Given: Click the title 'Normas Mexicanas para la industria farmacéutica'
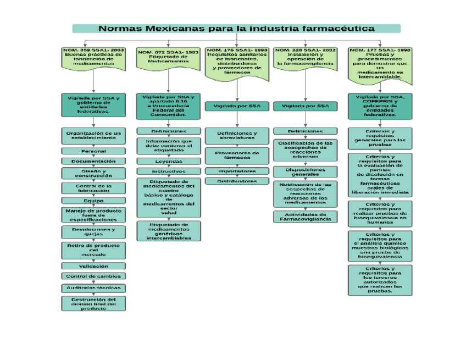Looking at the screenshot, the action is [x=236, y=29].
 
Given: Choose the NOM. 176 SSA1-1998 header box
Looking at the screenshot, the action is [x=237, y=60].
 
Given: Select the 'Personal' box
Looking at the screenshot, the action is [x=93, y=151].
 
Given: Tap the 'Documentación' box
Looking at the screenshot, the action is [x=93, y=162].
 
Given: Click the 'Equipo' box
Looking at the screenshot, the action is [x=93, y=201].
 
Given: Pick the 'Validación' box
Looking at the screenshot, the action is [x=93, y=266].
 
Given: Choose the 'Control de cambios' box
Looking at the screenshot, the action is [x=93, y=276].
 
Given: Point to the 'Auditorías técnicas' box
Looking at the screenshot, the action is [x=93, y=288].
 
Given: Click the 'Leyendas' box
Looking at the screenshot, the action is [x=168, y=162].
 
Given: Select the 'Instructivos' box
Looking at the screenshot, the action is [x=168, y=171].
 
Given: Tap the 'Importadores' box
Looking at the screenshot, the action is [x=237, y=171].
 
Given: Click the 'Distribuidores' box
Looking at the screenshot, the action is [x=237, y=181].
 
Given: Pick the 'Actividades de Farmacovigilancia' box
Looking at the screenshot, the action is [x=305, y=217].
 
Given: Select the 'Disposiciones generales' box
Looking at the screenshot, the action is [x=305, y=171].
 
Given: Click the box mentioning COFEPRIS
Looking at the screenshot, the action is [x=380, y=106].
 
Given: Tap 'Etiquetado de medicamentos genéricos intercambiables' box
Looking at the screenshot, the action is [x=168, y=231].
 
